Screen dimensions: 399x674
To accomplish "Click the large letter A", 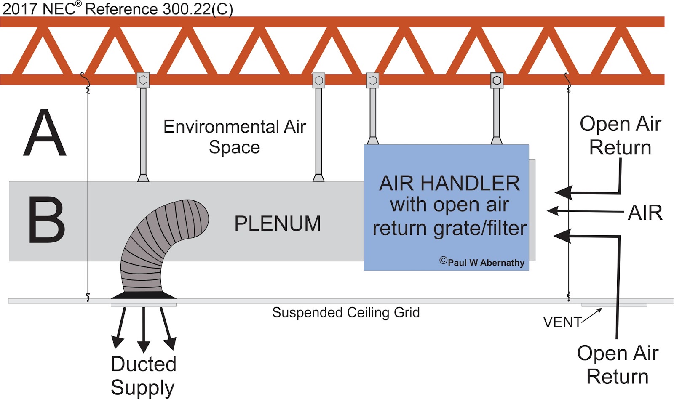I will (45, 133).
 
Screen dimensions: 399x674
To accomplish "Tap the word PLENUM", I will (277, 223).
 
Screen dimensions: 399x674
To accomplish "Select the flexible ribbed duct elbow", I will (160, 244).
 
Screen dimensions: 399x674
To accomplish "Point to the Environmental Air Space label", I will (234, 137).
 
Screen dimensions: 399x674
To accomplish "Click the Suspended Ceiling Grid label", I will (345, 313).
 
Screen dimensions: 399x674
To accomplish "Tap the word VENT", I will (562, 322).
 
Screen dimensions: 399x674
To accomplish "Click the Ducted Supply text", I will (143, 375).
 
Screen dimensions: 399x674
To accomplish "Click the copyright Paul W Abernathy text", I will (482, 262).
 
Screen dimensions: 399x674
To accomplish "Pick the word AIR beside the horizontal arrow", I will (645, 213).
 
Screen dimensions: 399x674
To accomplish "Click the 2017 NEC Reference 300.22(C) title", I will (118, 9).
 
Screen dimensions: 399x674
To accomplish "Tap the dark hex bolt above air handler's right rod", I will (497, 80).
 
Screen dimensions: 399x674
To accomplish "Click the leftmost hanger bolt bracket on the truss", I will (143, 80).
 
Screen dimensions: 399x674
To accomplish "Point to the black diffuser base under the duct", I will (143, 295).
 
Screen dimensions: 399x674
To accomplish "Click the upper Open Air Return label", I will (620, 136).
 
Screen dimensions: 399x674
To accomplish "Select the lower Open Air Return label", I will (618, 364).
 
